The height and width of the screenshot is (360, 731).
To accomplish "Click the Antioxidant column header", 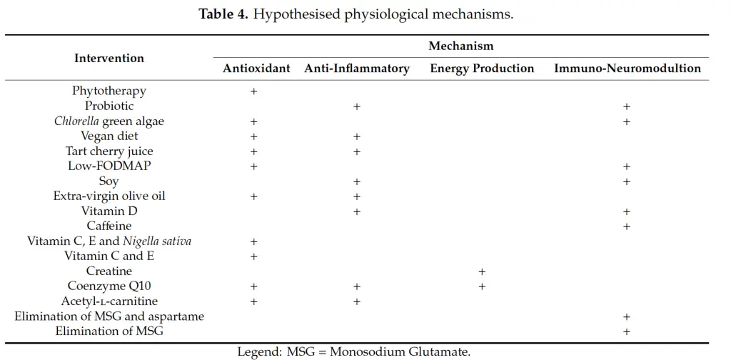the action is tap(256, 69).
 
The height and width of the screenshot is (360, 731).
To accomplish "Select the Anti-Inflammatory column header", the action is tap(357, 69).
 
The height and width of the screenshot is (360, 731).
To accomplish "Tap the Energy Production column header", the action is tap(482, 69).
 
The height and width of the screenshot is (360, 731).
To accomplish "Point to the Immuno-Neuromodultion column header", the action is tap(627, 69).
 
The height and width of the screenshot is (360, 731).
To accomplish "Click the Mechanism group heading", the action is tap(461, 46).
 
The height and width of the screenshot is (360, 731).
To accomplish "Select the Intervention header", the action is tap(109, 59).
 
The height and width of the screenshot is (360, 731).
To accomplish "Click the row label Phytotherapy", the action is tap(109, 91).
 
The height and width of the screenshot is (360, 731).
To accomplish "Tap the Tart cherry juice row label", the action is tap(109, 151).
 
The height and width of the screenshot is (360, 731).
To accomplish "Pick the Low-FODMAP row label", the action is tap(109, 166).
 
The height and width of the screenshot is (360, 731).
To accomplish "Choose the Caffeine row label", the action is tap(109, 226).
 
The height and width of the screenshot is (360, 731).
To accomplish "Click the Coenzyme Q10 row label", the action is tap(109, 286).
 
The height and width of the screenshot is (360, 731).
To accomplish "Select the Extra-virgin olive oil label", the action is tap(109, 196).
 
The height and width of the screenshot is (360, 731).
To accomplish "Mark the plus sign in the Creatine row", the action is tap(482, 271).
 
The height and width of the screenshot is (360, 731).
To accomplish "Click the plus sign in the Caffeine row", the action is tap(627, 226).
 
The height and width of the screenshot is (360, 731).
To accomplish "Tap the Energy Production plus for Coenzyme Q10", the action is tap(482, 286).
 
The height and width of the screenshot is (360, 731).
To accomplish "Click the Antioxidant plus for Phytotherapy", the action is tap(253, 91).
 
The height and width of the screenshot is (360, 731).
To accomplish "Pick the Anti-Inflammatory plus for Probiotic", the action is tap(357, 106).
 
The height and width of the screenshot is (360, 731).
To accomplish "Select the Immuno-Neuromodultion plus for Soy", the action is tap(627, 181).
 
